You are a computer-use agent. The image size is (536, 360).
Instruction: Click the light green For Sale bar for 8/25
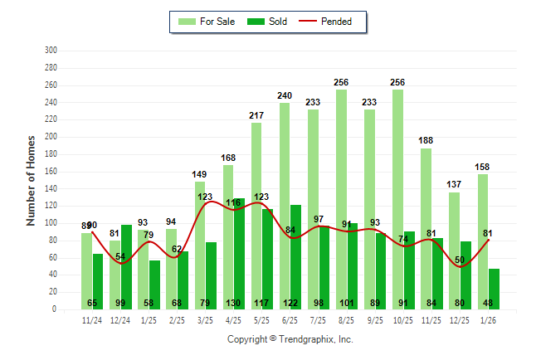[341, 199]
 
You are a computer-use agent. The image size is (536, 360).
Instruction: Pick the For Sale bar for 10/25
[397, 199]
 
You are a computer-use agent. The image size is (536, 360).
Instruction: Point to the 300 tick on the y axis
[50, 51]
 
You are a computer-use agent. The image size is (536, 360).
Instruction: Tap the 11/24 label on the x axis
[92, 319]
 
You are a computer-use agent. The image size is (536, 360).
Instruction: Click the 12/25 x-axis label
[459, 319]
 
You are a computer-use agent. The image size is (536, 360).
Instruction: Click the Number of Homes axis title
[32, 180]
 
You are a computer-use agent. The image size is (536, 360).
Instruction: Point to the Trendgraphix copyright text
[290, 339]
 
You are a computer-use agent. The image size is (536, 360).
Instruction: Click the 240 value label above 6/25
[285, 96]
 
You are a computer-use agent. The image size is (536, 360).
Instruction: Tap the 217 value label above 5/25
[256, 115]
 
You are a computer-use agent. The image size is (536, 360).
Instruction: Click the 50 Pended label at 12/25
[459, 260]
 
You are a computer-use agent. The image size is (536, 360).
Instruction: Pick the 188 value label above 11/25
[426, 141]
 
